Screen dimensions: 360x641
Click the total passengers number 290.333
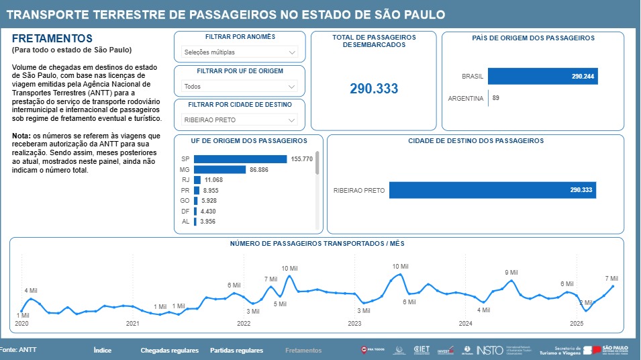[x=374, y=89]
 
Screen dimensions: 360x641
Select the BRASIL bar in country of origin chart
[x=542, y=77]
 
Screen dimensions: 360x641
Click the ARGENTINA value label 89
[x=495, y=98]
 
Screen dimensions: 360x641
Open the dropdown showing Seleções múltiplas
[x=240, y=52]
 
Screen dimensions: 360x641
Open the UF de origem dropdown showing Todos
[x=240, y=86]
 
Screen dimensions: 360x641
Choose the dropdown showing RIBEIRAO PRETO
[x=240, y=120]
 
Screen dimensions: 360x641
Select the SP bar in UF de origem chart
[x=240, y=159]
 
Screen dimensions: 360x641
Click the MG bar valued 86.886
[x=220, y=170]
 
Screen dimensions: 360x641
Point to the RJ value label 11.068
[x=213, y=180]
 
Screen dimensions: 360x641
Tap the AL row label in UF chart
[x=185, y=222]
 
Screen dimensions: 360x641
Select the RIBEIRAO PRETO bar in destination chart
[x=492, y=190]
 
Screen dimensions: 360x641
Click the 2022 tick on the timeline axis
[x=244, y=324]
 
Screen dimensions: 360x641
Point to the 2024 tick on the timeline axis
[x=465, y=324]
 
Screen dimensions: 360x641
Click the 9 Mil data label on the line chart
[x=511, y=273]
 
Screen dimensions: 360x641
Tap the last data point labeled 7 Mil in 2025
[x=613, y=286]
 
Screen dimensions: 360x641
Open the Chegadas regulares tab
[x=169, y=351]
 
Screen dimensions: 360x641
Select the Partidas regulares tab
[x=236, y=351]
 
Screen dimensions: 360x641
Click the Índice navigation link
[x=102, y=351]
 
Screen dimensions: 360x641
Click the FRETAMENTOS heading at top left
[x=52, y=39]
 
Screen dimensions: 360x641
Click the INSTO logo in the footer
[x=489, y=350]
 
